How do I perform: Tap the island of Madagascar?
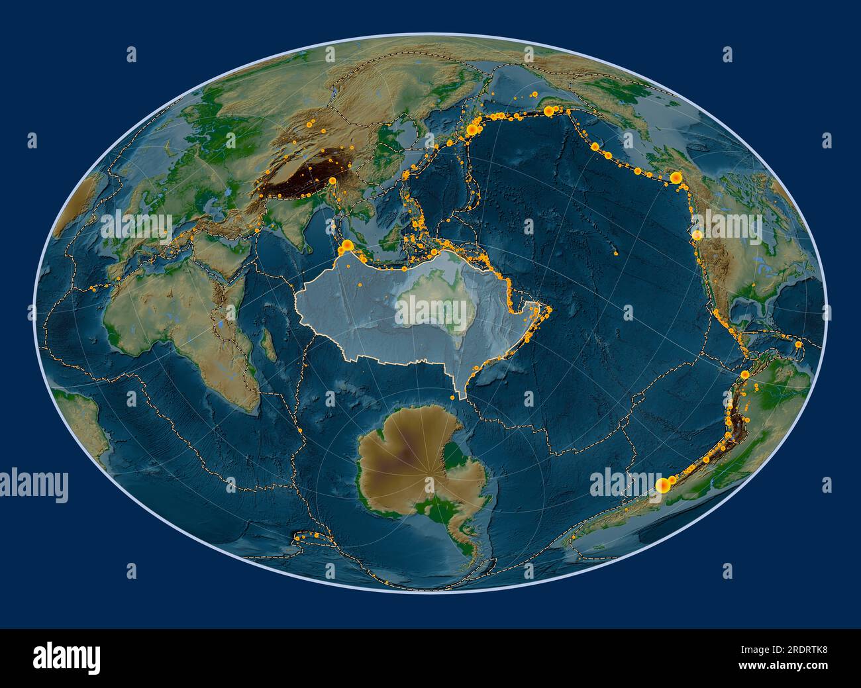[x=269, y=345]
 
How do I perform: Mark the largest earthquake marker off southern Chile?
[x=661, y=485]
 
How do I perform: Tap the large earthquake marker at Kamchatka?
[x=472, y=130]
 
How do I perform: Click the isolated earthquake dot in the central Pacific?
[x=617, y=252]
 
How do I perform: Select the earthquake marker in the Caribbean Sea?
[x=799, y=344]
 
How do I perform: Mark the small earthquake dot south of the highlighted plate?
[x=452, y=397]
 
